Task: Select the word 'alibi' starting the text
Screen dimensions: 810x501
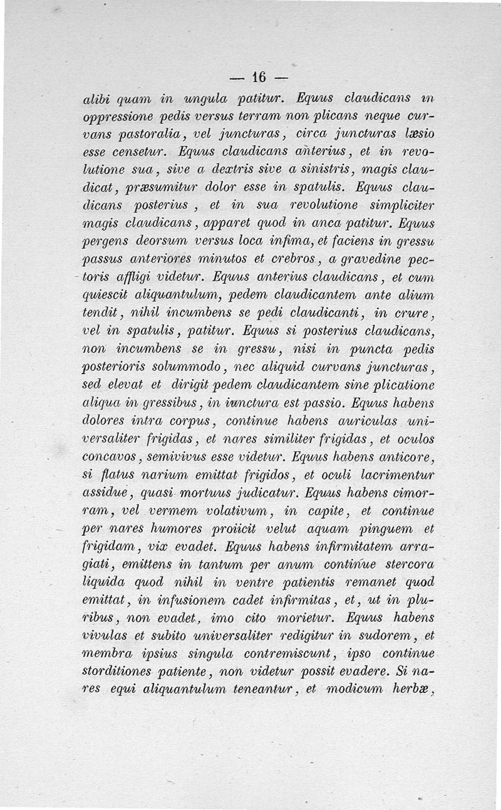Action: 96,98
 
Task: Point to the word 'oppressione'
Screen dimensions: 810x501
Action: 118,117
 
